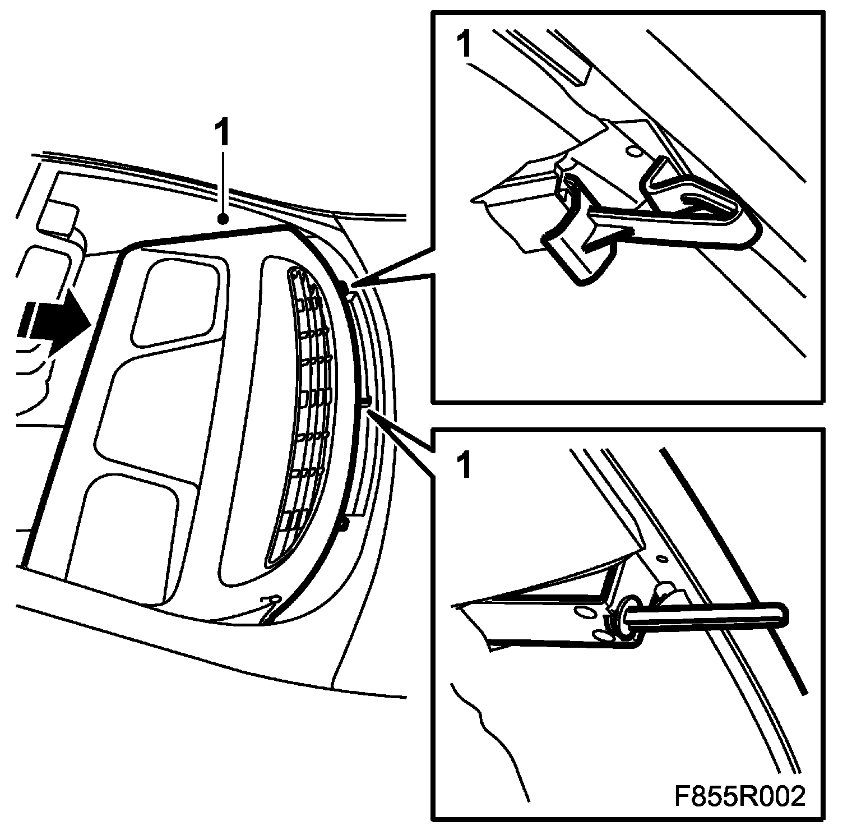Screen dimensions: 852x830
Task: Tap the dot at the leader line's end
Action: pyautogui.click(x=223, y=219)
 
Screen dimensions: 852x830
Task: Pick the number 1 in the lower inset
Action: pyautogui.click(x=465, y=467)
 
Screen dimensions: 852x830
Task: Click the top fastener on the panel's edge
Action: pyautogui.click(x=344, y=288)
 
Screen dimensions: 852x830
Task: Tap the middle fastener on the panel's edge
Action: pyautogui.click(x=365, y=400)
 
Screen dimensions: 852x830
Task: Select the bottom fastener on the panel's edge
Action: pyautogui.click(x=344, y=524)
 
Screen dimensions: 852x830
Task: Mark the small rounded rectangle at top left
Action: pyautogui.click(x=58, y=216)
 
